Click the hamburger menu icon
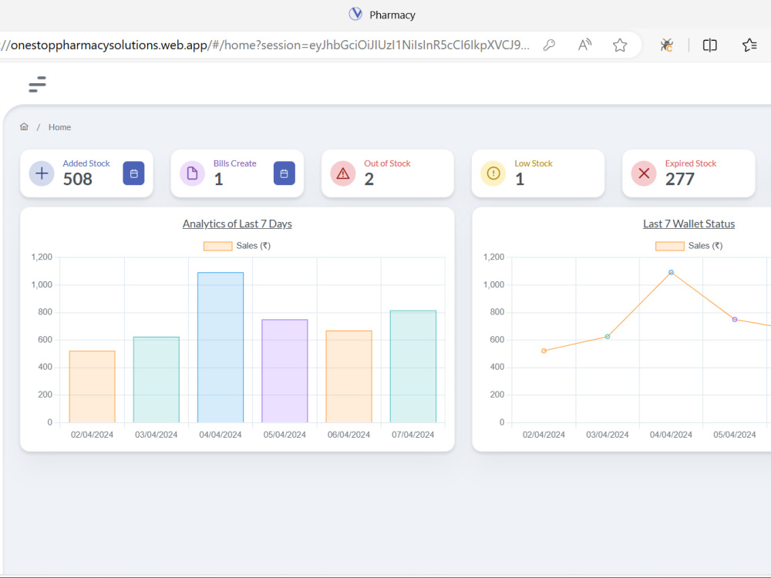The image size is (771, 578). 37,84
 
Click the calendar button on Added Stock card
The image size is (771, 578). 133,173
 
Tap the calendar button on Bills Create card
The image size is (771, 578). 284,173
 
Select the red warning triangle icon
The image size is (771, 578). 343,173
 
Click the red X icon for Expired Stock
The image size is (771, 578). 644,173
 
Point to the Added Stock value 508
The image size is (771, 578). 78,179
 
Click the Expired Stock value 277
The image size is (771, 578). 679,179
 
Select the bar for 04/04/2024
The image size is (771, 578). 221,347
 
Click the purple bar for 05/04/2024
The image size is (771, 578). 284,371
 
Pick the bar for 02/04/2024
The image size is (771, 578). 92,386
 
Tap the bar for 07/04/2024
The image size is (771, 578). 413,366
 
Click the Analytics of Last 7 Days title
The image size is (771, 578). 237,224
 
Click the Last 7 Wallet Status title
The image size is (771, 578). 689,224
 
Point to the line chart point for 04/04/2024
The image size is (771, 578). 672,272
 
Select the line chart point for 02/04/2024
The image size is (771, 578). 544,351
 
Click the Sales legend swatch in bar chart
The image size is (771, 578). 218,247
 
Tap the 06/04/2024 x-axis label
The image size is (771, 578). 348,435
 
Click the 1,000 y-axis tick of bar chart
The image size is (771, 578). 42,284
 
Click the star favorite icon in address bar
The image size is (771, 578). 620,45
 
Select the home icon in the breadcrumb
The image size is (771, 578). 24,127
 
